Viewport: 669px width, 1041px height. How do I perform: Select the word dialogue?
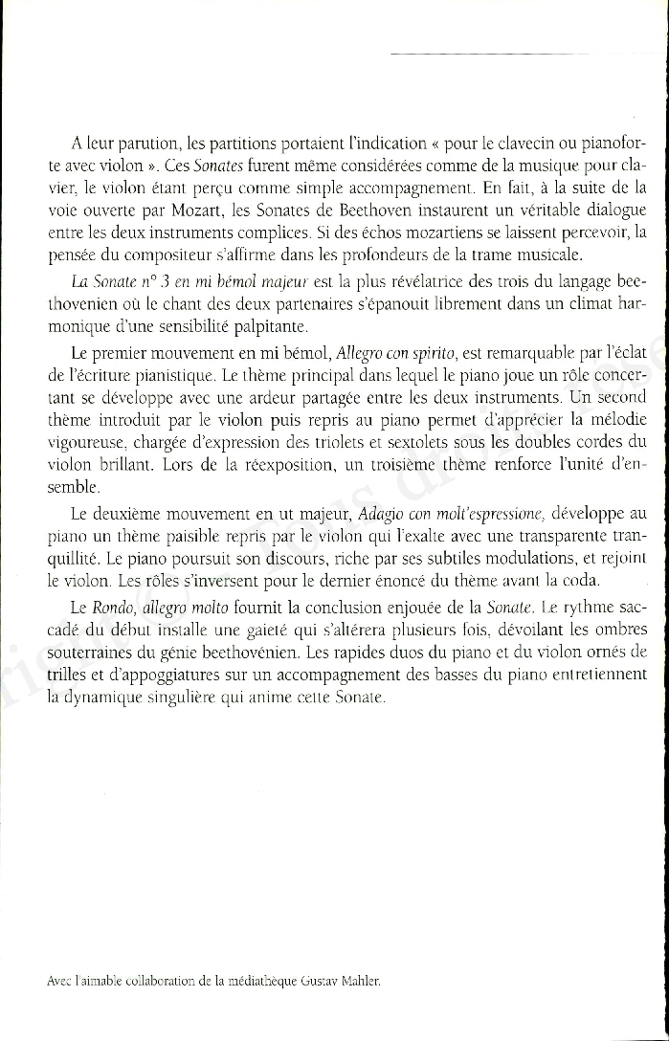[611, 210]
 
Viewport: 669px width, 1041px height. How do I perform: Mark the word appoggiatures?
[145, 676]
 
